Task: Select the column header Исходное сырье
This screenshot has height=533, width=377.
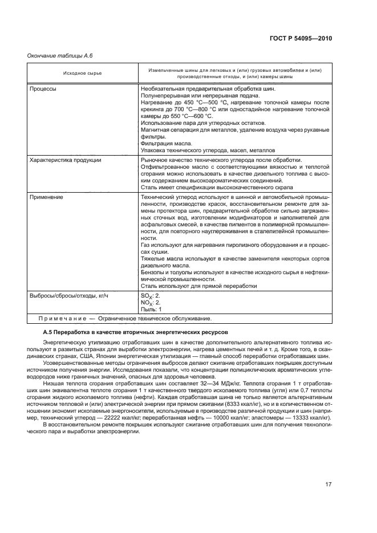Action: click(79, 73)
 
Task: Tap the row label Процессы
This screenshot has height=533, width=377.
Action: click(43, 89)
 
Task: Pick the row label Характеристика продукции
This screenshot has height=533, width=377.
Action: click(66, 160)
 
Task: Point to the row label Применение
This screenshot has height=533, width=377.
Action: click(46, 197)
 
